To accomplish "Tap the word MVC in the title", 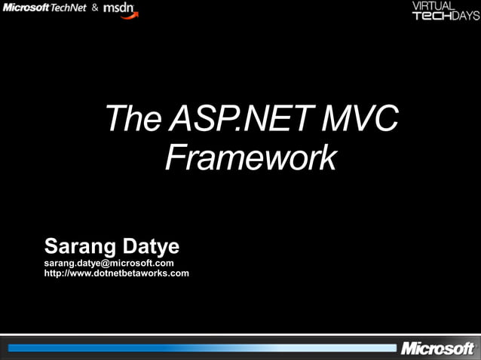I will tap(359, 121).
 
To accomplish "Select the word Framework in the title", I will tap(250, 157).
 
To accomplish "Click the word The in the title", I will tap(132, 121).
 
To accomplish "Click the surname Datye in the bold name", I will tap(150, 246).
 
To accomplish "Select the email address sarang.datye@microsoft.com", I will tap(109, 263).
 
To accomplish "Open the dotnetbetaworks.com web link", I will tap(117, 273).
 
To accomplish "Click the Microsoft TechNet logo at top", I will tap(45, 8).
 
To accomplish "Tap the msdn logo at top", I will tap(120, 8).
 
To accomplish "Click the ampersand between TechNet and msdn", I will tap(95, 8).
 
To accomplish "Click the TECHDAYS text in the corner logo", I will tap(445, 16).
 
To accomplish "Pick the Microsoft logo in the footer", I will tap(438, 349).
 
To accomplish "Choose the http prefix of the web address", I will tap(54, 273).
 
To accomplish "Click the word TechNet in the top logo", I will tap(69, 8).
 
